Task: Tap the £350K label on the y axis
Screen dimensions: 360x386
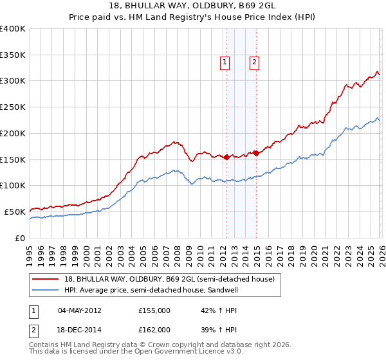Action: pos(12,55)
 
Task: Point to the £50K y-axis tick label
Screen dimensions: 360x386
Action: pos(15,212)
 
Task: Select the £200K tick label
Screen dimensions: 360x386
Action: pos(12,133)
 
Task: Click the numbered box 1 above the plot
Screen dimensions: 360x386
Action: pos(225,62)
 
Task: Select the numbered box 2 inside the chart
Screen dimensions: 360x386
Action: pos(255,62)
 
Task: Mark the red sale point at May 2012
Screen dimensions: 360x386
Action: pos(226,157)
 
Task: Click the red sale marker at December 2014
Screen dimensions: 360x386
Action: pos(256,153)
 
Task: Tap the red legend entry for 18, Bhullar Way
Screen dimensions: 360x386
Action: pos(169,279)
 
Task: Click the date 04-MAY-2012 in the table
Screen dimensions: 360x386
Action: pos(80,310)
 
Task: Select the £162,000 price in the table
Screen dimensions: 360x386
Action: pos(154,329)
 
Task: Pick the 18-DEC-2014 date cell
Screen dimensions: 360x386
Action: pos(80,329)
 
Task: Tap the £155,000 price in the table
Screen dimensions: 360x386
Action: pos(154,310)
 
